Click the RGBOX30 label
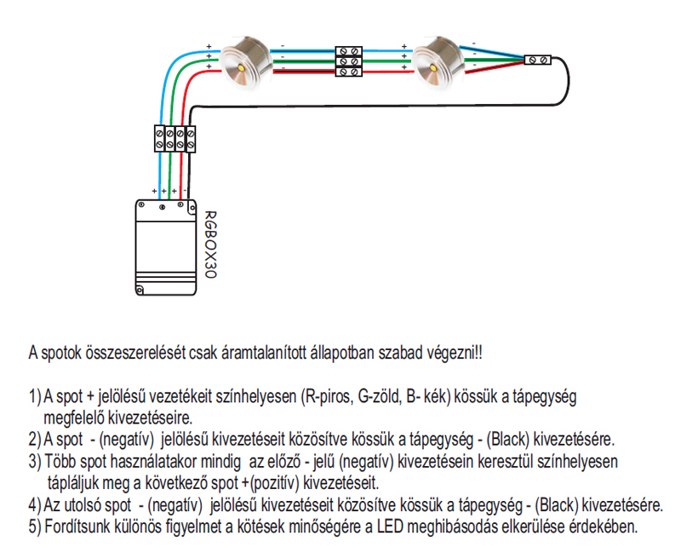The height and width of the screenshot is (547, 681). pos(210,245)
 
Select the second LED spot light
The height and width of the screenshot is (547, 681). pos(438,61)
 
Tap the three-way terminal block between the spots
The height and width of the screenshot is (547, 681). pos(349,61)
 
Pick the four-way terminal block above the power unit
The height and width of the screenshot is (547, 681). pos(175,139)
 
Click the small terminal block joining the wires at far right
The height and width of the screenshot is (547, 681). pos(538,60)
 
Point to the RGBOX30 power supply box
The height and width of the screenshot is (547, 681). pos(166,247)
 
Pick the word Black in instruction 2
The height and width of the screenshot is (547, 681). pos(507,440)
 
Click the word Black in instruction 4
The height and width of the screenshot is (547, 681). pos(557,505)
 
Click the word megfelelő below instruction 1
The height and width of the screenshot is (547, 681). pos(73,417)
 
